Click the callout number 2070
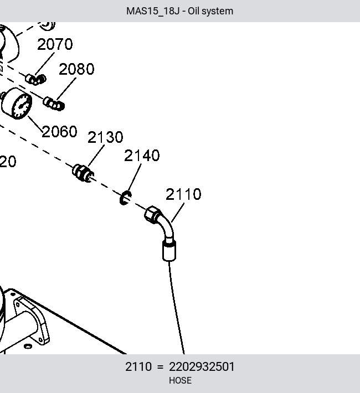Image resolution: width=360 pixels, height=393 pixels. (55, 44)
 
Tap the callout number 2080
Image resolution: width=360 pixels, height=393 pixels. (76, 69)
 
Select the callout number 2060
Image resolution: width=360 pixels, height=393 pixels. (59, 132)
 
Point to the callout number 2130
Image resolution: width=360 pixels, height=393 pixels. (105, 137)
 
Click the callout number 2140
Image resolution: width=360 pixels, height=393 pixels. (142, 156)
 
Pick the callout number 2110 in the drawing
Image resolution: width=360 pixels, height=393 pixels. (183, 194)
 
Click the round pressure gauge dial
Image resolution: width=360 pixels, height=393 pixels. (22, 106)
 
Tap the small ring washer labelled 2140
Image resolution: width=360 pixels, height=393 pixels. (125, 198)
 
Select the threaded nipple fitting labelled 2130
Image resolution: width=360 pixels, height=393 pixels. (83, 173)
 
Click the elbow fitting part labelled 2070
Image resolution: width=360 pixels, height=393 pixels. (35, 80)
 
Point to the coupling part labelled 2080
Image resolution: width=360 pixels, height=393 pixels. (54, 104)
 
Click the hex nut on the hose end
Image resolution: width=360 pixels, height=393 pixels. (152, 214)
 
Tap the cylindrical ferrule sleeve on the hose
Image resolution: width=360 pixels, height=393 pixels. (169, 251)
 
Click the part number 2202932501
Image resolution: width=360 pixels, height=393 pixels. (202, 367)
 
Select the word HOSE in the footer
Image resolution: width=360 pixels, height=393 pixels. (180, 380)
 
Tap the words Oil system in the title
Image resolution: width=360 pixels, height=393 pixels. (210, 11)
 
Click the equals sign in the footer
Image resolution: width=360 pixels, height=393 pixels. (160, 367)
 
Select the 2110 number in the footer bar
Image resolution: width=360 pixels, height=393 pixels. (138, 367)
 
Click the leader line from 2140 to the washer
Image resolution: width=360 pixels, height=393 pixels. (135, 178)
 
